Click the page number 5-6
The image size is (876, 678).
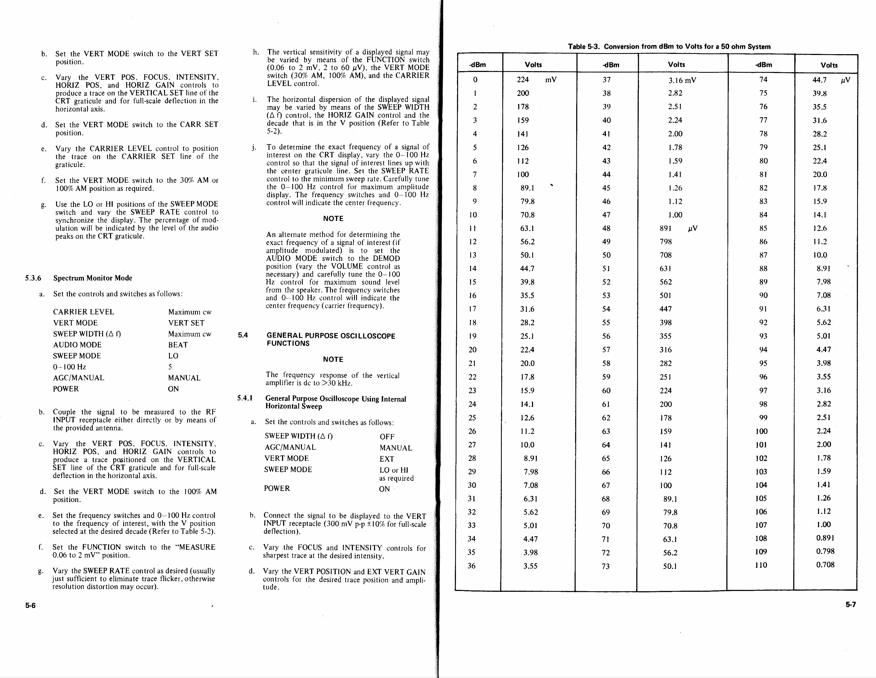click(x=30, y=606)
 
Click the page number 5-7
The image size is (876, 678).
click(x=851, y=605)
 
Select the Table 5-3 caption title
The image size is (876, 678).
click(x=669, y=47)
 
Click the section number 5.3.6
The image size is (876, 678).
click(x=33, y=278)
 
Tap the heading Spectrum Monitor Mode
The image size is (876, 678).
click(x=93, y=278)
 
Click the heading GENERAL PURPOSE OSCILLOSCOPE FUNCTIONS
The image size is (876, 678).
click(x=331, y=339)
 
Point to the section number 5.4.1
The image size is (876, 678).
click(x=245, y=398)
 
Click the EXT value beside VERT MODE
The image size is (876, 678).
click(x=387, y=459)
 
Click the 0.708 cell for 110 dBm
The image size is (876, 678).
click(x=825, y=565)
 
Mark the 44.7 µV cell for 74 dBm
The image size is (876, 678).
click(x=829, y=80)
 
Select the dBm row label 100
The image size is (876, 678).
click(x=761, y=431)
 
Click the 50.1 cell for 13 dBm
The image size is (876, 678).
click(x=527, y=255)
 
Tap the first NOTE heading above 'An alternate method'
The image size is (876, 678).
click(x=333, y=219)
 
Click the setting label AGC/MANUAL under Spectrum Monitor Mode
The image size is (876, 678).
click(x=79, y=378)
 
